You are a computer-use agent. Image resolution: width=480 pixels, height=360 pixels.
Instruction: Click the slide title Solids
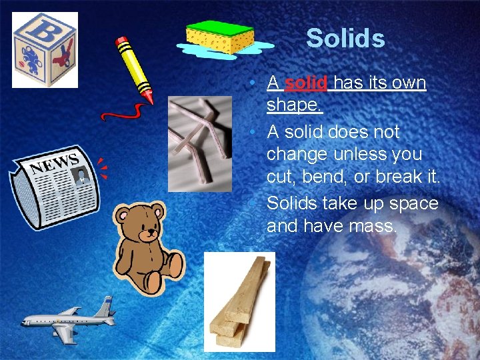point(345,39)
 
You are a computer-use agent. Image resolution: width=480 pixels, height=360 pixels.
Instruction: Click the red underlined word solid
point(306,83)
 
